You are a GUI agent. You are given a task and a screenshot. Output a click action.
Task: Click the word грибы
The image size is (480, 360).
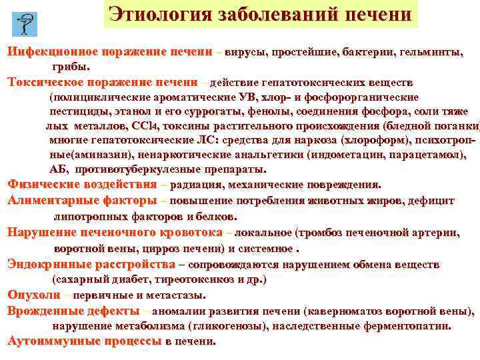tap(70, 67)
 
